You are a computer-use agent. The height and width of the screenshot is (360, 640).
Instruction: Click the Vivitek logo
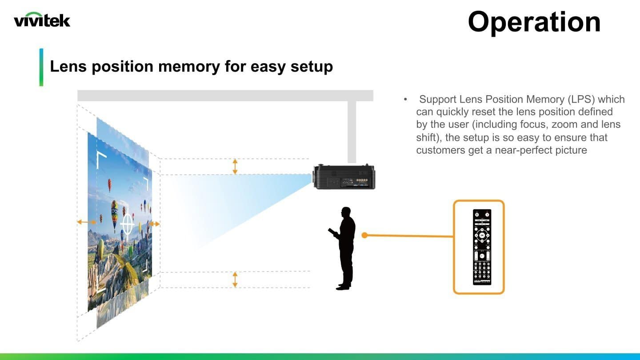pos(42,20)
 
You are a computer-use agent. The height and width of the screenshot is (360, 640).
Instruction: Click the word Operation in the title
pos(534,22)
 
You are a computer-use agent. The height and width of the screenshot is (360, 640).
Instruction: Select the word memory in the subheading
pos(189,66)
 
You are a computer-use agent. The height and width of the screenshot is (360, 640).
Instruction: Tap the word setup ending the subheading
pos(312,67)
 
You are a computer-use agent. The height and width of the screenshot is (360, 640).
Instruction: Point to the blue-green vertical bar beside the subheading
pos(41,67)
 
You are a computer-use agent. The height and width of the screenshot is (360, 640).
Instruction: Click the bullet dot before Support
pos(405,100)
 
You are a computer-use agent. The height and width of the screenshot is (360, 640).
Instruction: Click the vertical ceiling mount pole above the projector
pos(352,132)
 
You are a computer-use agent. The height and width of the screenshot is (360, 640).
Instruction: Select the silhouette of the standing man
pos(343,248)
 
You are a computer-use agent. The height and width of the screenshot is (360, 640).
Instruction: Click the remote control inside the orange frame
pos(482,247)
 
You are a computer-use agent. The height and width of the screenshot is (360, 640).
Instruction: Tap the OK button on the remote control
pos(482,236)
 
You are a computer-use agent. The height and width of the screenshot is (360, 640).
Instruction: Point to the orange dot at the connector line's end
pos(364,235)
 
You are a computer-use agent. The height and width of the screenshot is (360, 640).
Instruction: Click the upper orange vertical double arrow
pos(235,167)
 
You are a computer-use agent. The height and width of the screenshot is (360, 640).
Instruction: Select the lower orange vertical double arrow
pos(235,280)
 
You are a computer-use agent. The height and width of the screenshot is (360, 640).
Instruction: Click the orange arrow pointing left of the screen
pos(87,222)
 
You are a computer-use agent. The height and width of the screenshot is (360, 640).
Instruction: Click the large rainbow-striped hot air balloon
pos(115,214)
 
